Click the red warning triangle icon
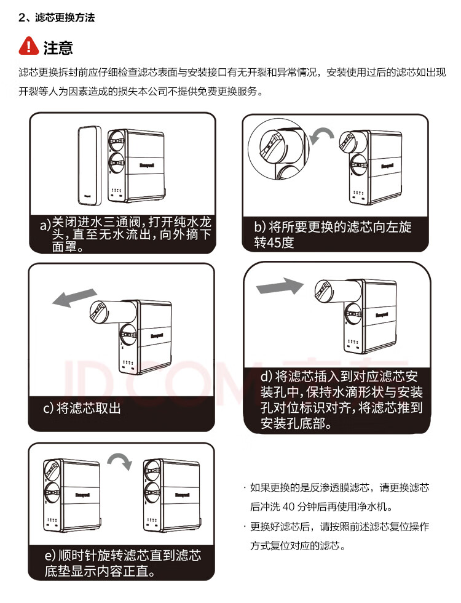(28, 46)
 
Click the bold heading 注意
(58, 47)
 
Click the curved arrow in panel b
(322, 135)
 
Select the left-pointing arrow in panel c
(74, 298)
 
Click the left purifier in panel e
(71, 495)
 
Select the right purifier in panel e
(172, 495)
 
